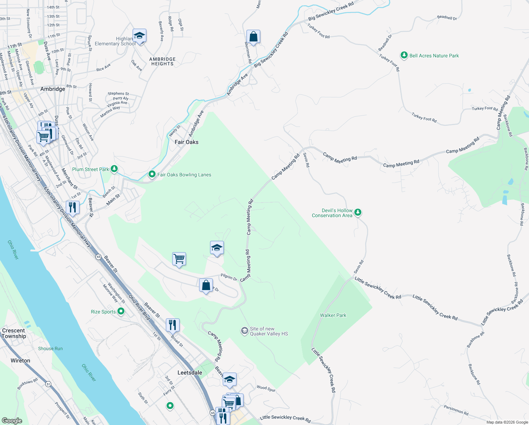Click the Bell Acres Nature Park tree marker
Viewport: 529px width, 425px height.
point(404,55)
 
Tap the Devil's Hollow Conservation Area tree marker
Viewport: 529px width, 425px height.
point(358,212)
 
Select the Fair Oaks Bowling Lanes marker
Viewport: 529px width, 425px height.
point(152,174)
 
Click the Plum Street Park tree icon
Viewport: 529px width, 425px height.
point(114,169)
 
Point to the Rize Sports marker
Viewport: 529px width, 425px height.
point(121,311)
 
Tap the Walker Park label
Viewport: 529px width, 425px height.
point(333,315)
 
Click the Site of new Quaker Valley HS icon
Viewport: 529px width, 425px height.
point(244,331)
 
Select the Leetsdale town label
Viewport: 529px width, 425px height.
point(190,373)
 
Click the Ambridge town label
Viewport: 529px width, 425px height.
point(53,89)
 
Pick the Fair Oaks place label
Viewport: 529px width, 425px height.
point(186,142)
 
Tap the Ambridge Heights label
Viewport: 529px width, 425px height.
point(162,62)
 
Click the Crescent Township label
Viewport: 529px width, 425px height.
point(14,333)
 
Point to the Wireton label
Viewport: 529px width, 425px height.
point(20,361)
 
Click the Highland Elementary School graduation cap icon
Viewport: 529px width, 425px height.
point(139,36)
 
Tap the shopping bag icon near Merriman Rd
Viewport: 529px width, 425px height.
point(253,36)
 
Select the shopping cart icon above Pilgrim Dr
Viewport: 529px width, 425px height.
point(179,259)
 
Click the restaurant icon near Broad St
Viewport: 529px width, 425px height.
point(173,325)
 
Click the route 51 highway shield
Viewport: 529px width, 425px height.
point(48,384)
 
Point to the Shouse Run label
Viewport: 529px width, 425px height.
point(50,348)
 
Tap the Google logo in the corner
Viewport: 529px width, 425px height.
point(12,420)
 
